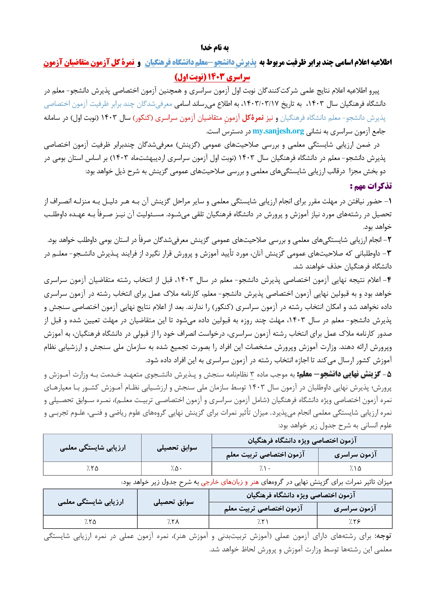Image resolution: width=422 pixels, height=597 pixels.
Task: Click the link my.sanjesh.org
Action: (x=278, y=131)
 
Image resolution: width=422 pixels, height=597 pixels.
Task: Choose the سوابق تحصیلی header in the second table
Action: (x=173, y=502)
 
